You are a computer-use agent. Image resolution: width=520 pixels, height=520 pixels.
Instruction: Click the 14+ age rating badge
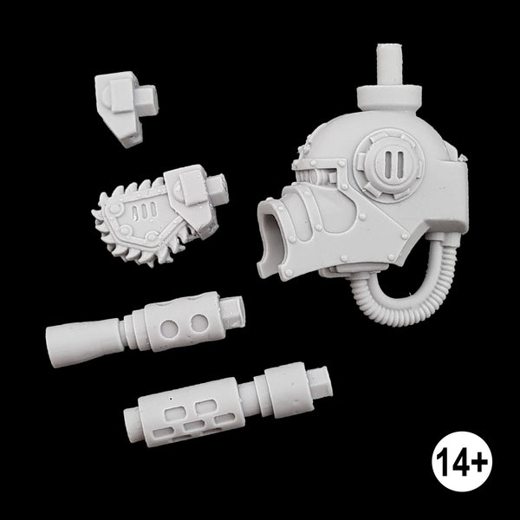coord(462,461)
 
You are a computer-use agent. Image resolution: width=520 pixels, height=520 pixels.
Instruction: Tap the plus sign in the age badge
coord(479,461)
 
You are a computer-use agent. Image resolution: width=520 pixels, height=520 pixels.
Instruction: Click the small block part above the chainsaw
coord(126,109)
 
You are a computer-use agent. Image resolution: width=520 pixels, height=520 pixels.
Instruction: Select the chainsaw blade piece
coord(159,216)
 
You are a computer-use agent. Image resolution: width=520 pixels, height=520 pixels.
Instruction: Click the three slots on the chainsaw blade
coord(144,211)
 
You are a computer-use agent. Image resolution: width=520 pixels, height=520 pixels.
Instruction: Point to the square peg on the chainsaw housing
coord(218,187)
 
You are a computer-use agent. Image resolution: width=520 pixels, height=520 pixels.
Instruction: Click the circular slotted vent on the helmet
coord(389,166)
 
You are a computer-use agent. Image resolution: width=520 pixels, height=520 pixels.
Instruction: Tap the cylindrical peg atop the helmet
coord(390,65)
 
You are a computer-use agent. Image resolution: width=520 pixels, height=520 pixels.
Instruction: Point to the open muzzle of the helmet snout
coord(271,240)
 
